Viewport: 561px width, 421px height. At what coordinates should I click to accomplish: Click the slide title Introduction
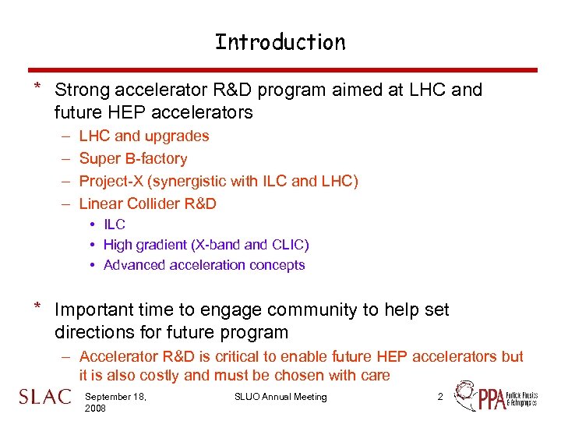click(x=280, y=42)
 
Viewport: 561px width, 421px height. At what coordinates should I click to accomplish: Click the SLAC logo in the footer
click(x=44, y=397)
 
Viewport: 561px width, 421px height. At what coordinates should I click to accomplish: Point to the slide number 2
click(x=440, y=397)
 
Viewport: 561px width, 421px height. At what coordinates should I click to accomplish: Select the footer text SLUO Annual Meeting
click(x=280, y=397)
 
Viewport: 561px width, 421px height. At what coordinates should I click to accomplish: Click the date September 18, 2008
click(x=117, y=402)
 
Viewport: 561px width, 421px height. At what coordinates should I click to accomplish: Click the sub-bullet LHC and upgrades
click(x=144, y=136)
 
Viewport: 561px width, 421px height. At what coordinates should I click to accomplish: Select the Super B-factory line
click(x=133, y=159)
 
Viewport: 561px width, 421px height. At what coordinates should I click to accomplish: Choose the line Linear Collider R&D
click(x=148, y=204)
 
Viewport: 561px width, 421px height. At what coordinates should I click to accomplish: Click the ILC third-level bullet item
click(x=115, y=225)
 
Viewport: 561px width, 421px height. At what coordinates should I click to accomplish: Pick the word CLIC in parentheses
click(x=288, y=245)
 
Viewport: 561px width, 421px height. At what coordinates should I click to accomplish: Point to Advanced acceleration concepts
click(x=204, y=265)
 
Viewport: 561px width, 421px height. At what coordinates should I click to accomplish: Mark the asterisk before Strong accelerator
click(x=37, y=87)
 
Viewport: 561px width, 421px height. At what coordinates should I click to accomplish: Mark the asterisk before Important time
click(x=37, y=307)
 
